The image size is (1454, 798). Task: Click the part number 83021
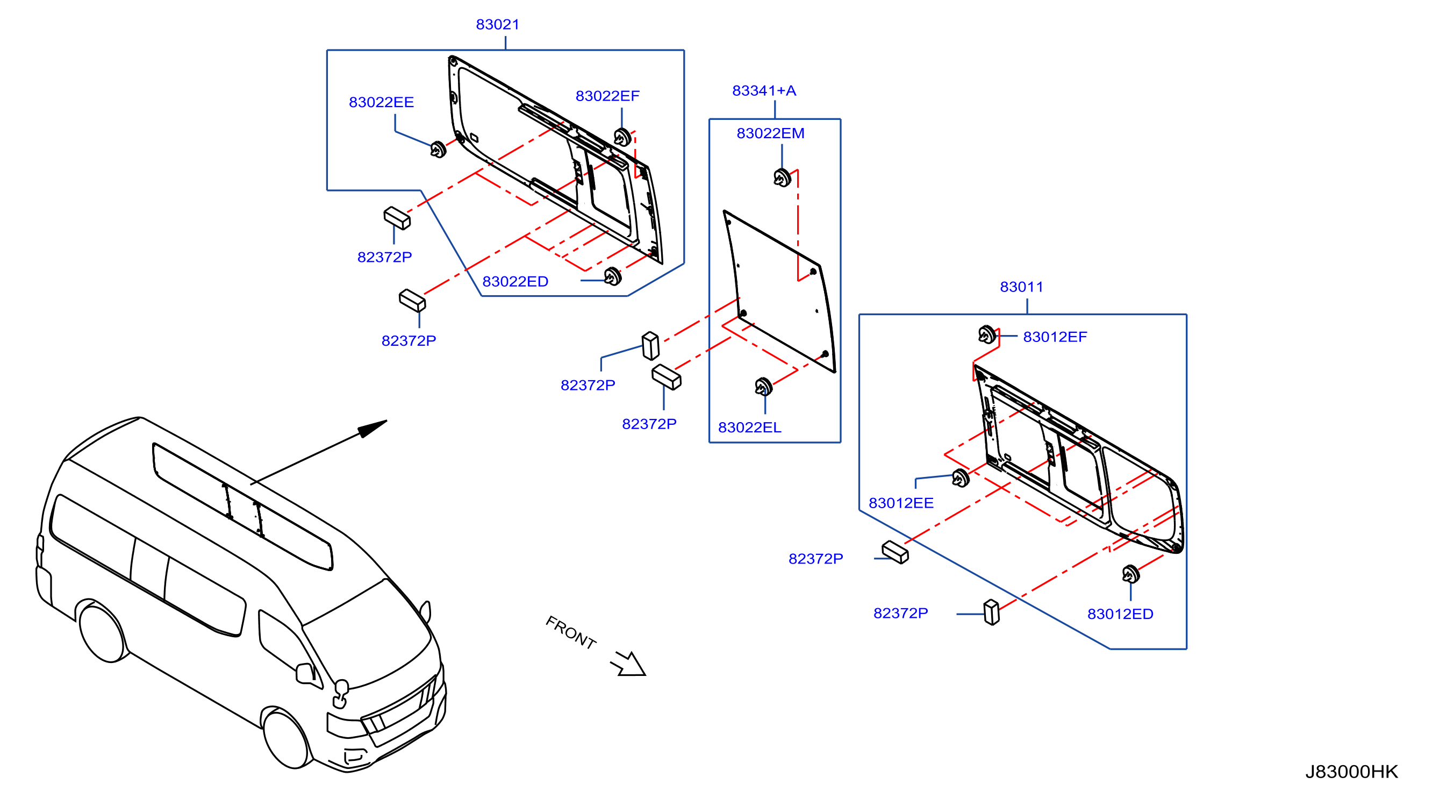click(x=497, y=24)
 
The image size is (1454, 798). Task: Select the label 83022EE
click(x=381, y=102)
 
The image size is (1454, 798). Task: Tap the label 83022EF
click(x=607, y=96)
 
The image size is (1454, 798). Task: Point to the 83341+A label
click(x=764, y=90)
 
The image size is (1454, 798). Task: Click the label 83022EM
click(x=770, y=133)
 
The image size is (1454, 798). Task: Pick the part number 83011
click(x=1021, y=287)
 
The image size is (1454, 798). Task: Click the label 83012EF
click(x=1055, y=337)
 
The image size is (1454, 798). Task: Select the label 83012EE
click(x=901, y=503)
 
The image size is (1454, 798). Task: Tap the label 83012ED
click(x=1120, y=614)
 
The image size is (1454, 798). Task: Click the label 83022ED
click(x=515, y=282)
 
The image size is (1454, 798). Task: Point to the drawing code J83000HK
click(x=1351, y=772)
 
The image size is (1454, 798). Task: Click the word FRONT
click(x=571, y=632)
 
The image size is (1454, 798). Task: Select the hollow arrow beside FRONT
click(x=628, y=664)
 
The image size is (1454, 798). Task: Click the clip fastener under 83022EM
click(x=782, y=178)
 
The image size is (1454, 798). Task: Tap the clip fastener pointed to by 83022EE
click(x=438, y=149)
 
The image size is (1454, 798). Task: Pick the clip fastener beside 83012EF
click(x=987, y=334)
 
